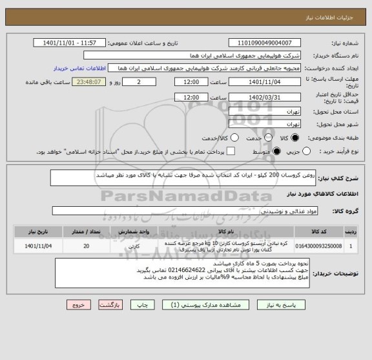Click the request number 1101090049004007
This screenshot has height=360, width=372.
(x=265, y=43)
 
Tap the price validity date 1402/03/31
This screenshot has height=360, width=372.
(x=265, y=97)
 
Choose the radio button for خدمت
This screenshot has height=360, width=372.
(x=265, y=138)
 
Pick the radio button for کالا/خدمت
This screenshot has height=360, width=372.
(x=234, y=138)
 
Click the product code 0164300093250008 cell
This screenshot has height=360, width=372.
(x=318, y=246)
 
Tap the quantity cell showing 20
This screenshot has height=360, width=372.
(x=87, y=246)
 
